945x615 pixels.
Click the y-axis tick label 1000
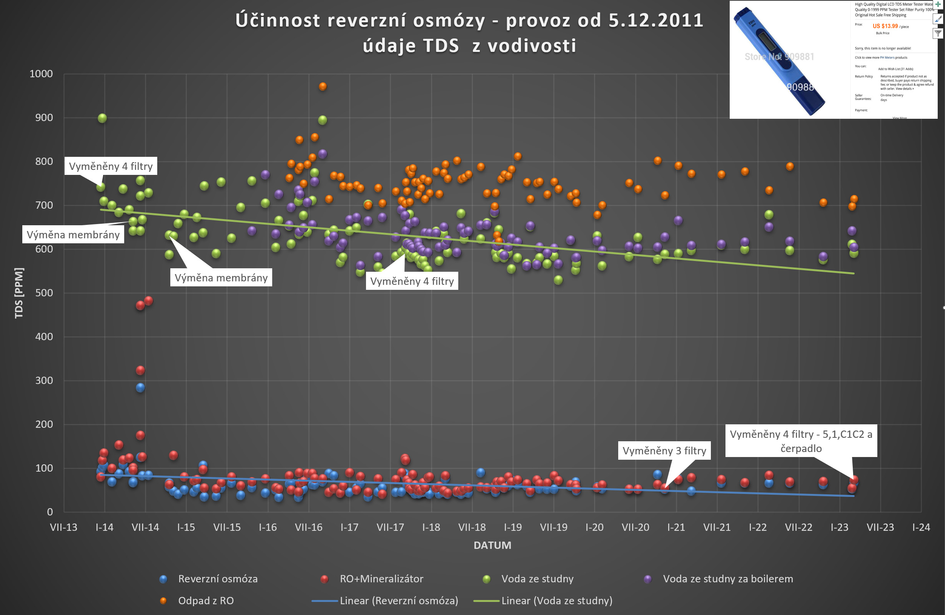point(41,74)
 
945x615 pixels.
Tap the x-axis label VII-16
point(308,527)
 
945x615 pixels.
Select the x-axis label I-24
point(921,527)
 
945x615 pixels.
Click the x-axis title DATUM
point(492,545)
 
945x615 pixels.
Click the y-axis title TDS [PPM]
point(19,293)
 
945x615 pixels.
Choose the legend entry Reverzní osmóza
point(218,579)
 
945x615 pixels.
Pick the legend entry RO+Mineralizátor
point(381,579)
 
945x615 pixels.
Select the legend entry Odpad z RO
point(206,601)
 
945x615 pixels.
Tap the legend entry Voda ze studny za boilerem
point(728,579)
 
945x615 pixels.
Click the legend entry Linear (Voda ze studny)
point(557,601)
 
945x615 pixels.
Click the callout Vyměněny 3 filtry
point(664,450)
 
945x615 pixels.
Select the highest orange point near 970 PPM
point(323,86)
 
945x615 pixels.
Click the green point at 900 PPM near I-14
point(102,118)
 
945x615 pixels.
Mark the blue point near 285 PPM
point(140,387)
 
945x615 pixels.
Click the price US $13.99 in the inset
point(885,26)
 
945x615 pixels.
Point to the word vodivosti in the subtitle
point(532,46)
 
